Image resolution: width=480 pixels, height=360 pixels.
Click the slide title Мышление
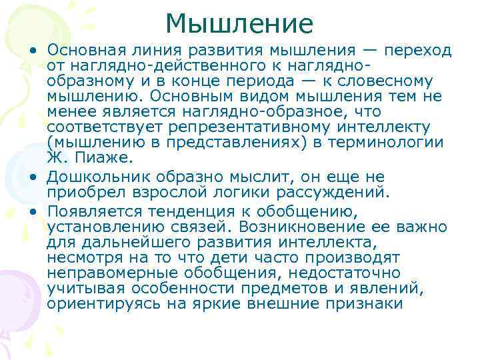(x=239, y=24)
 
